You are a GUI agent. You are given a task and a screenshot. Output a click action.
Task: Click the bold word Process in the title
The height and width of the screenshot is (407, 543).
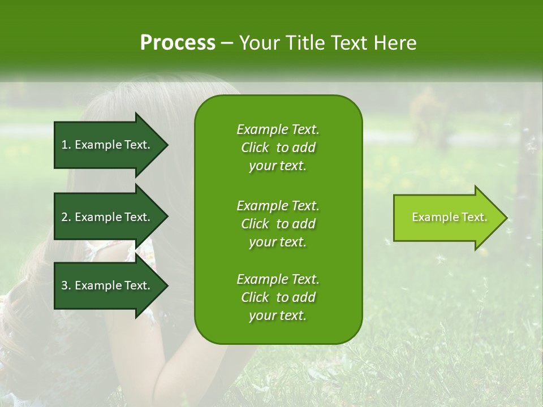(177, 43)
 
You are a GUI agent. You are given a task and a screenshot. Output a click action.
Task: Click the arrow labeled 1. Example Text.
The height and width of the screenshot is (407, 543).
(107, 145)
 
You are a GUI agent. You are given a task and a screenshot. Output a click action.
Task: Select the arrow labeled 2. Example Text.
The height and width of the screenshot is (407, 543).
(107, 217)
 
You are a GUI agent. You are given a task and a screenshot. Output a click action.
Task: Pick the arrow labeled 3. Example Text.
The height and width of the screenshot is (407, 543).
(107, 285)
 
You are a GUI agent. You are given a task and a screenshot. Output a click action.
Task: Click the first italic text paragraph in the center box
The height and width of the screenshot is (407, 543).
(278, 148)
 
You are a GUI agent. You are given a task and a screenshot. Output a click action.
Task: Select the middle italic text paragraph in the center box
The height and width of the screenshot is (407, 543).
(278, 224)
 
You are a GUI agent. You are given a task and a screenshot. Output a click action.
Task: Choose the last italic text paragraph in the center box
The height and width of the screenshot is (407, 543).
(278, 297)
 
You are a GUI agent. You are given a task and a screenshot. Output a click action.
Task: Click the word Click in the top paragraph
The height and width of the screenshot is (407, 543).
(255, 148)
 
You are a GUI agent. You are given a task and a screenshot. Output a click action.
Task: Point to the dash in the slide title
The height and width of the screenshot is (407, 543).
(227, 43)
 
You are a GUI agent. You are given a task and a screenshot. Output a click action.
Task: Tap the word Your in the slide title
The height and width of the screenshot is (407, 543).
(258, 43)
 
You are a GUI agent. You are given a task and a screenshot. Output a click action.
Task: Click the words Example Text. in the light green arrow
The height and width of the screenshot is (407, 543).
(449, 217)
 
